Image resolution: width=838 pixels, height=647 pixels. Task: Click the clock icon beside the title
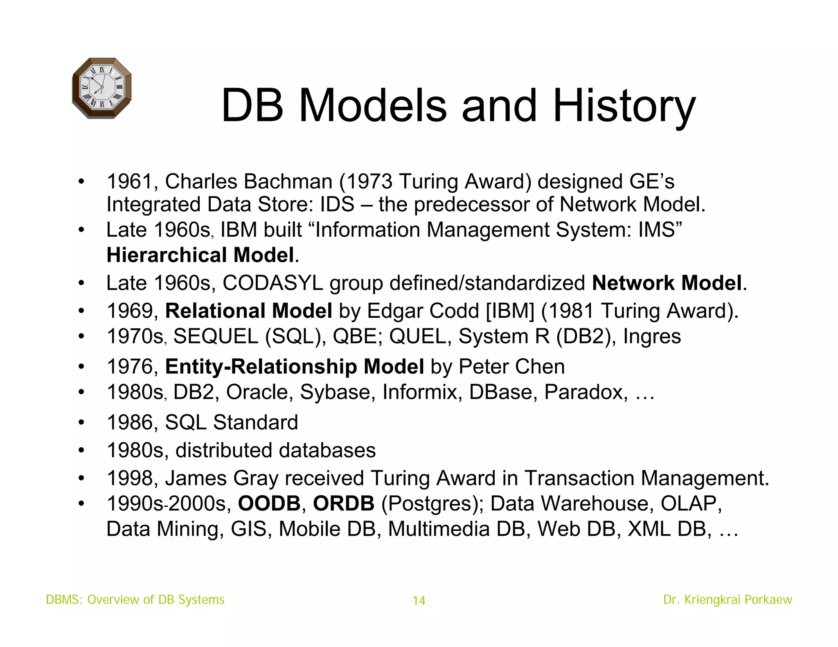101,88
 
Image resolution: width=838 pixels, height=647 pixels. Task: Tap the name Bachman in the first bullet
288,181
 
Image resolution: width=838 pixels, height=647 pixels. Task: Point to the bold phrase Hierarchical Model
200,255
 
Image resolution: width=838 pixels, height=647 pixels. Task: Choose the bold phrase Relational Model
248,311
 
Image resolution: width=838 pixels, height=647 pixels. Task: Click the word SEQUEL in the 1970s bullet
216,337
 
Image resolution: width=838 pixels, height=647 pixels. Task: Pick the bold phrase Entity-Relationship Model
294,366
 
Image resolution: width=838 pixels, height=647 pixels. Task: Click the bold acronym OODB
269,503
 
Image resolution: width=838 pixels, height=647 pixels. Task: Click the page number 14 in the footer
419,600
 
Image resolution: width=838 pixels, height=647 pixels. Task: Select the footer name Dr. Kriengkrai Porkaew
728,600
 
